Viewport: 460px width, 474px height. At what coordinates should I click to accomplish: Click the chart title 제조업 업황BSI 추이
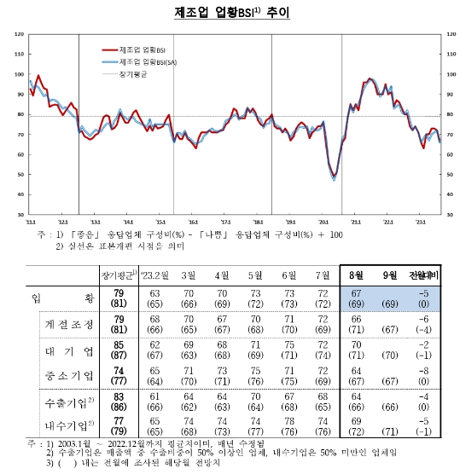pyautogui.click(x=230, y=12)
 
